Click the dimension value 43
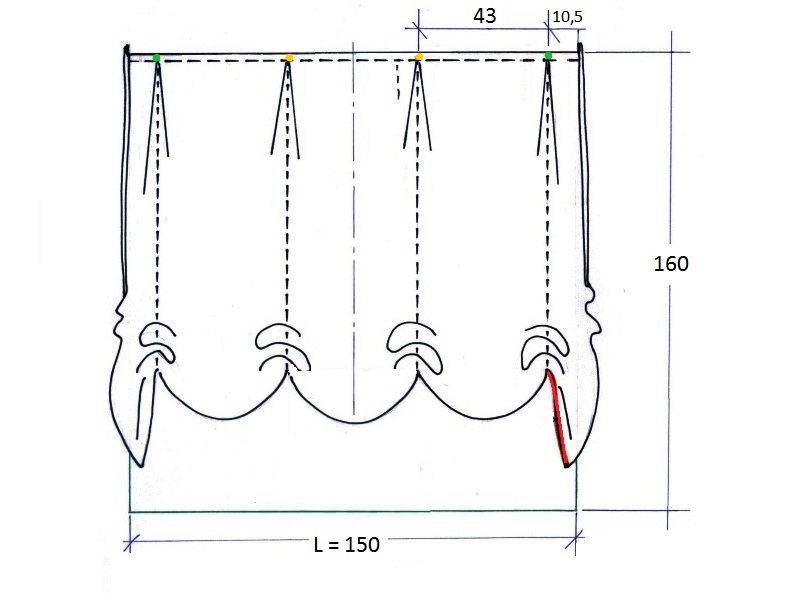point(484,16)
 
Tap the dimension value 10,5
point(567,17)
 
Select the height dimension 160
point(671,264)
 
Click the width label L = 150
point(346,544)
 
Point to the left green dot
point(157,58)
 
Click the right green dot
point(548,56)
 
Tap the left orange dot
point(289,58)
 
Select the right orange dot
point(419,57)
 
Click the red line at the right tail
point(558,418)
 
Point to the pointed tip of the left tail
point(141,465)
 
